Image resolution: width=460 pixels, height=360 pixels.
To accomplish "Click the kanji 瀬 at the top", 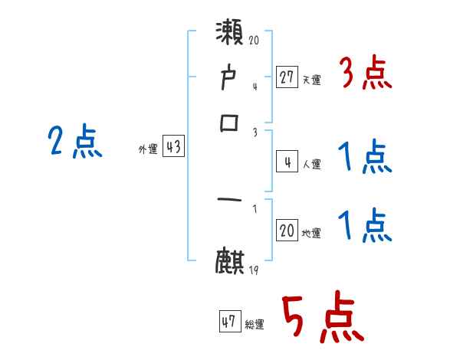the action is [230, 34].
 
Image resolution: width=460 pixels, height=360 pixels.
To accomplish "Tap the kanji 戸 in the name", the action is [230, 79].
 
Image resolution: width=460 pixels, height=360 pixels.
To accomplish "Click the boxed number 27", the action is [287, 77].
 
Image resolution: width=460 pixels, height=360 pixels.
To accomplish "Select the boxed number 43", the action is [173, 148].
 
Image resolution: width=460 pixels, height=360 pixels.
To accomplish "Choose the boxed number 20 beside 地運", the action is [287, 231].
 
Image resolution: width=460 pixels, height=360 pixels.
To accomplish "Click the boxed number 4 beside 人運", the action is [287, 162].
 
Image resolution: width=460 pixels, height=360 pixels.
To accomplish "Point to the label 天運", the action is [311, 79].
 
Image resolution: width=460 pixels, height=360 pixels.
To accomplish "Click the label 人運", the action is [311, 163].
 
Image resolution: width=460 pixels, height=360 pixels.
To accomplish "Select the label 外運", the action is [148, 149].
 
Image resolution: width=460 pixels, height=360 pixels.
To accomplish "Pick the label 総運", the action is [255, 324].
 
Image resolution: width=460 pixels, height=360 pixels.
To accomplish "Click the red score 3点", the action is [366, 74].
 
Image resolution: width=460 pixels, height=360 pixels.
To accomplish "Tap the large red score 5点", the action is [320, 318].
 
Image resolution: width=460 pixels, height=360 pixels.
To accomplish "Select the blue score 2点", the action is [75, 142].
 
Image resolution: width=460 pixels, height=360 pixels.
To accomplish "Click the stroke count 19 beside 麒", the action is [254, 270].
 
